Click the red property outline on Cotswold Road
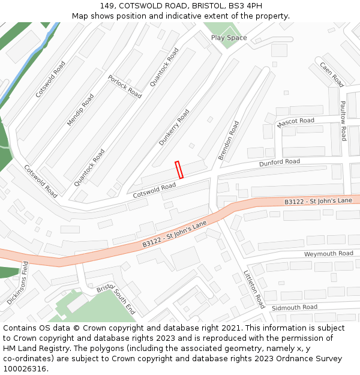tap(179, 170)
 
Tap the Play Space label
tap(229, 38)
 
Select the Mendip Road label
tap(80, 110)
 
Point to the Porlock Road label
tap(125, 86)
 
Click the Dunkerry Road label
tap(174, 127)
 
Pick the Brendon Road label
tap(229, 140)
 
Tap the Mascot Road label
tap(295, 122)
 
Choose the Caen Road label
tap(331, 74)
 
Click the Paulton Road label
tap(343, 121)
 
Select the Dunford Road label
tap(279, 162)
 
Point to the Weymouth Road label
tap(328, 254)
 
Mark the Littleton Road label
tap(254, 289)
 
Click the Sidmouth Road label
tap(294, 307)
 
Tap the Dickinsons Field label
tap(17, 283)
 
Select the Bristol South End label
tap(116, 300)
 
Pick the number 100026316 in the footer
tap(24, 368)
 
